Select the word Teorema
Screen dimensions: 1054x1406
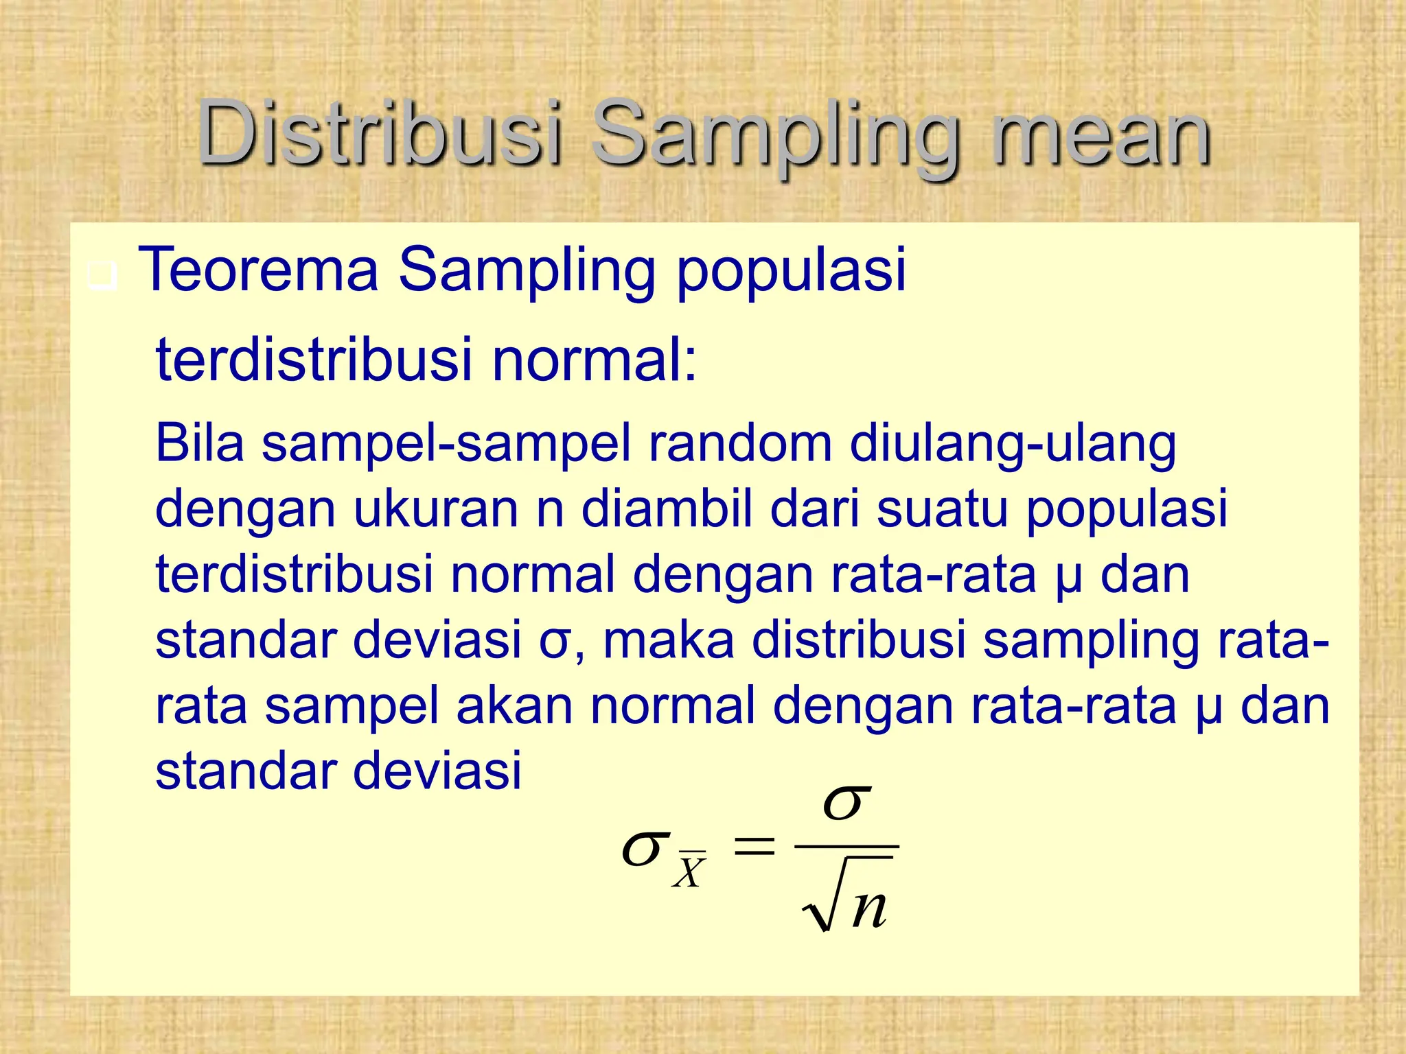point(258,269)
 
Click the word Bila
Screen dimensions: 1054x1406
point(200,443)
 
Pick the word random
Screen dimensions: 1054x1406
point(740,443)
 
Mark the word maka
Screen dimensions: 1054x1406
point(668,640)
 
